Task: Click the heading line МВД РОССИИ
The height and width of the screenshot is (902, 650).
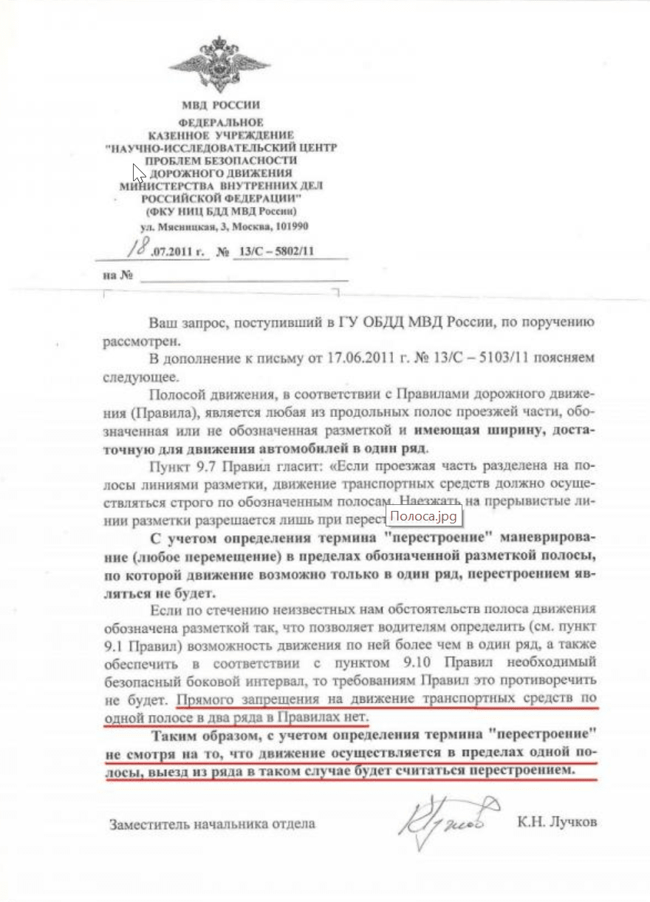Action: (x=221, y=105)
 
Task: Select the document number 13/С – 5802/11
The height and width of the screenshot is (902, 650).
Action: (x=274, y=251)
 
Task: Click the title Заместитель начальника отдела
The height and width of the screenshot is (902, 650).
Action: (x=212, y=824)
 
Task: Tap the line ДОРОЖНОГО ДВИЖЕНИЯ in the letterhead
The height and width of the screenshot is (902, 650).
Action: (x=221, y=172)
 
